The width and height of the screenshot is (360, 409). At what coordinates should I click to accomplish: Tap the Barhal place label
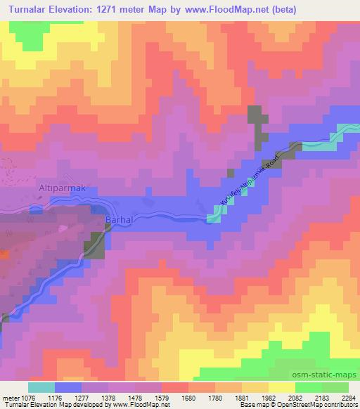pyautogui.click(x=118, y=221)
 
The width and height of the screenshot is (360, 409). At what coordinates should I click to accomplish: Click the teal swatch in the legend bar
pyautogui.click(x=41, y=387)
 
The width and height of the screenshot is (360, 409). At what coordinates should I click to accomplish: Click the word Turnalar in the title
pyautogui.click(x=33, y=10)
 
